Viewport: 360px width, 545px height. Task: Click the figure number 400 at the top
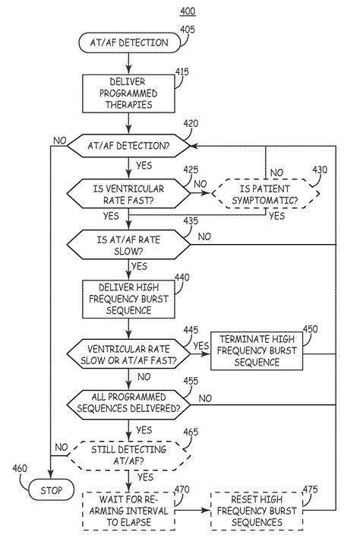(188, 11)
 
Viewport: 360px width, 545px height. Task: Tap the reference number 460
(20, 468)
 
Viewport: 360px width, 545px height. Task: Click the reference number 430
(320, 170)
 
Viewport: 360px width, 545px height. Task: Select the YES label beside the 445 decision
(201, 346)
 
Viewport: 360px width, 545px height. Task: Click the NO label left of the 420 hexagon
(60, 141)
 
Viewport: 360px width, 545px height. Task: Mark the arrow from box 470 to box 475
(193, 511)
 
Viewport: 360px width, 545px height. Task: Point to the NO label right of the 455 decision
(205, 398)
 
